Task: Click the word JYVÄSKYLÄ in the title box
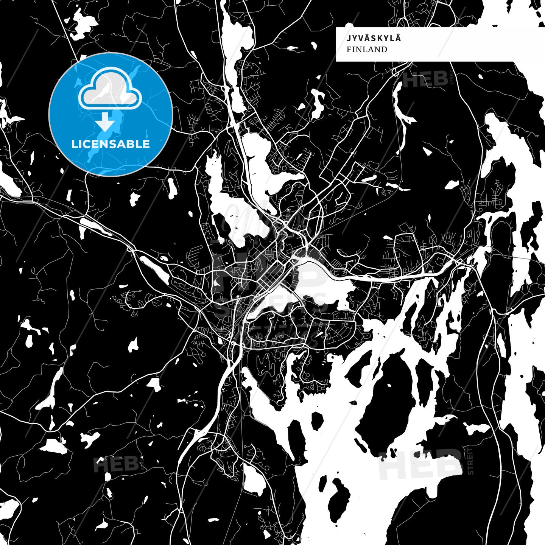tap(368, 38)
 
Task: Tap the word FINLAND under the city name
tap(367, 50)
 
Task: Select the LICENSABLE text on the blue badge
tap(111, 144)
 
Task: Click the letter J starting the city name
tap(348, 38)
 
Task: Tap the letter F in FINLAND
tap(349, 50)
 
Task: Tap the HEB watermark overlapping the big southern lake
tap(420, 464)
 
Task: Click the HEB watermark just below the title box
tap(426, 79)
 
